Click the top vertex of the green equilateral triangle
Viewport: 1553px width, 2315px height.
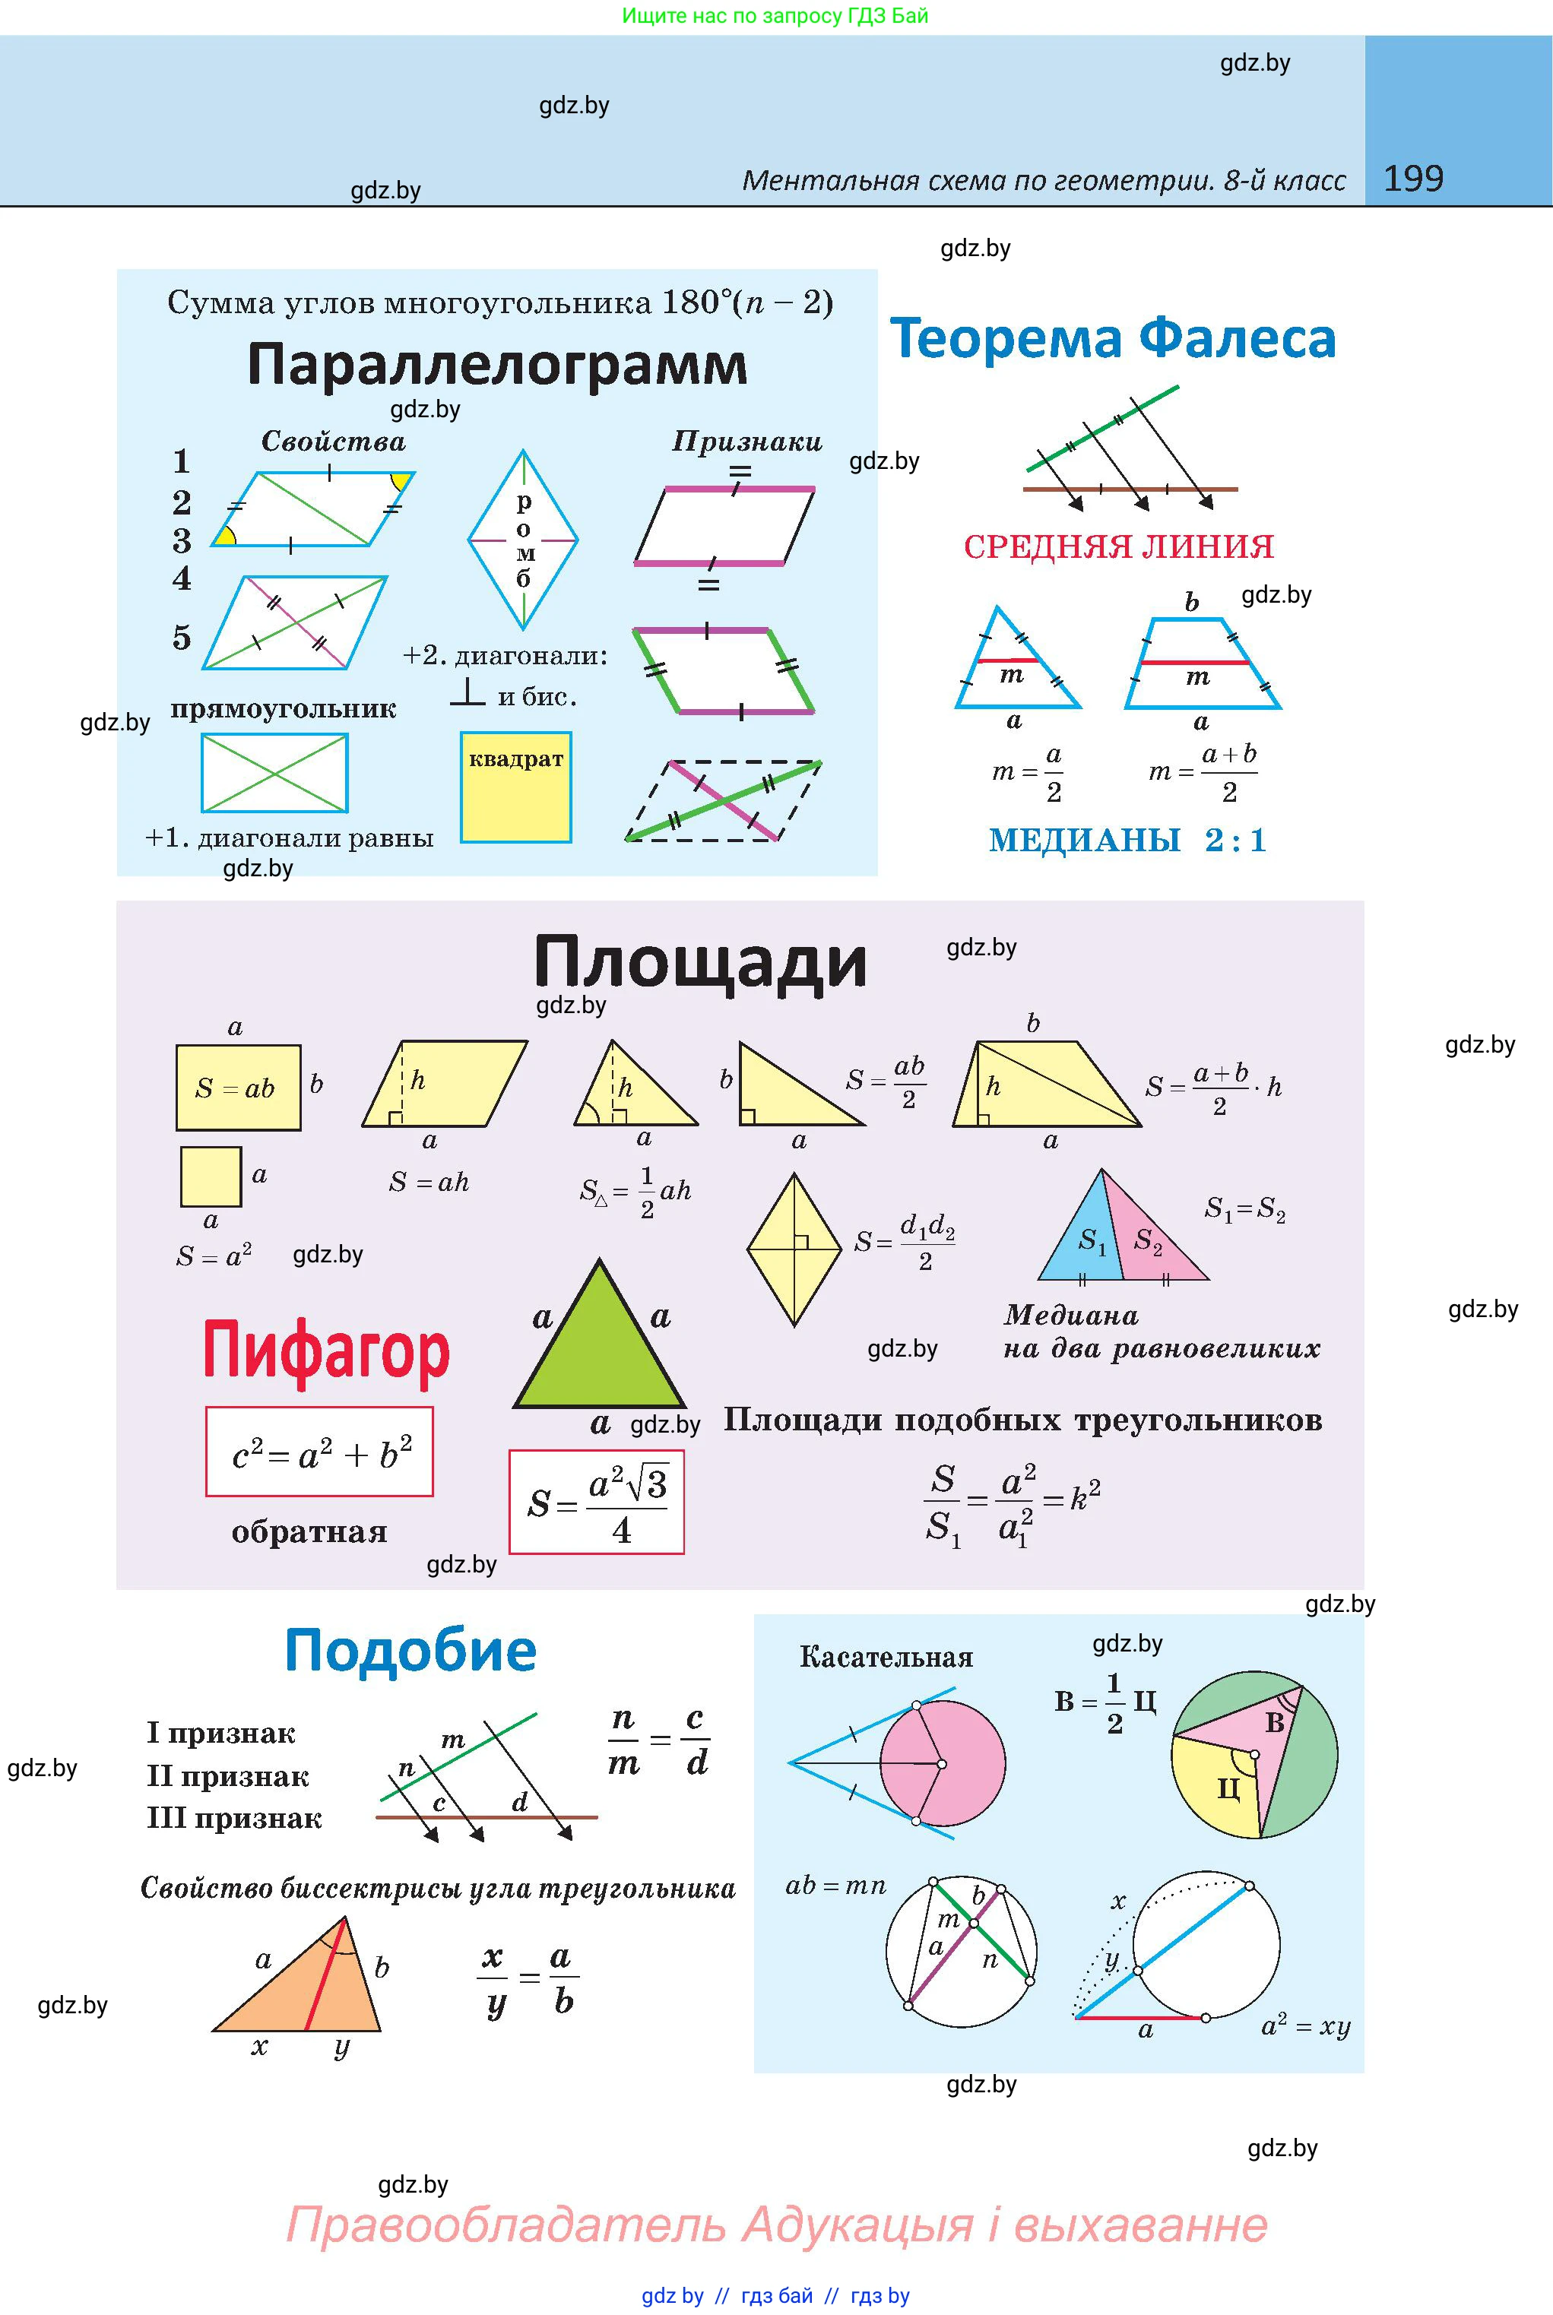(599, 1260)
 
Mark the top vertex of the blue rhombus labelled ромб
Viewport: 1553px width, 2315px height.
(523, 451)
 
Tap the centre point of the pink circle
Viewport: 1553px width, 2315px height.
(941, 1763)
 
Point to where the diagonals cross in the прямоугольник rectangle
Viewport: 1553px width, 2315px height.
(274, 772)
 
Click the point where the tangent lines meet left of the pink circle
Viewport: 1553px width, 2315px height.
(789, 1762)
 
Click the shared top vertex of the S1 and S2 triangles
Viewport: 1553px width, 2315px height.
(1101, 1170)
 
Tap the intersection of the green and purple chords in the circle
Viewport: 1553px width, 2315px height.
(974, 1924)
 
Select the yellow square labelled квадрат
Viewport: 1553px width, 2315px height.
(516, 787)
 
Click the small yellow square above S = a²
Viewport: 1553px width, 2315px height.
(211, 1177)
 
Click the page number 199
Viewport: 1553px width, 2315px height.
(1413, 179)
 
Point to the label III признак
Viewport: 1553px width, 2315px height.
(235, 1818)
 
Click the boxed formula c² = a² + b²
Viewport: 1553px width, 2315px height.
(320, 1452)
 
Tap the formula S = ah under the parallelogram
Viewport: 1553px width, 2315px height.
(429, 1181)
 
